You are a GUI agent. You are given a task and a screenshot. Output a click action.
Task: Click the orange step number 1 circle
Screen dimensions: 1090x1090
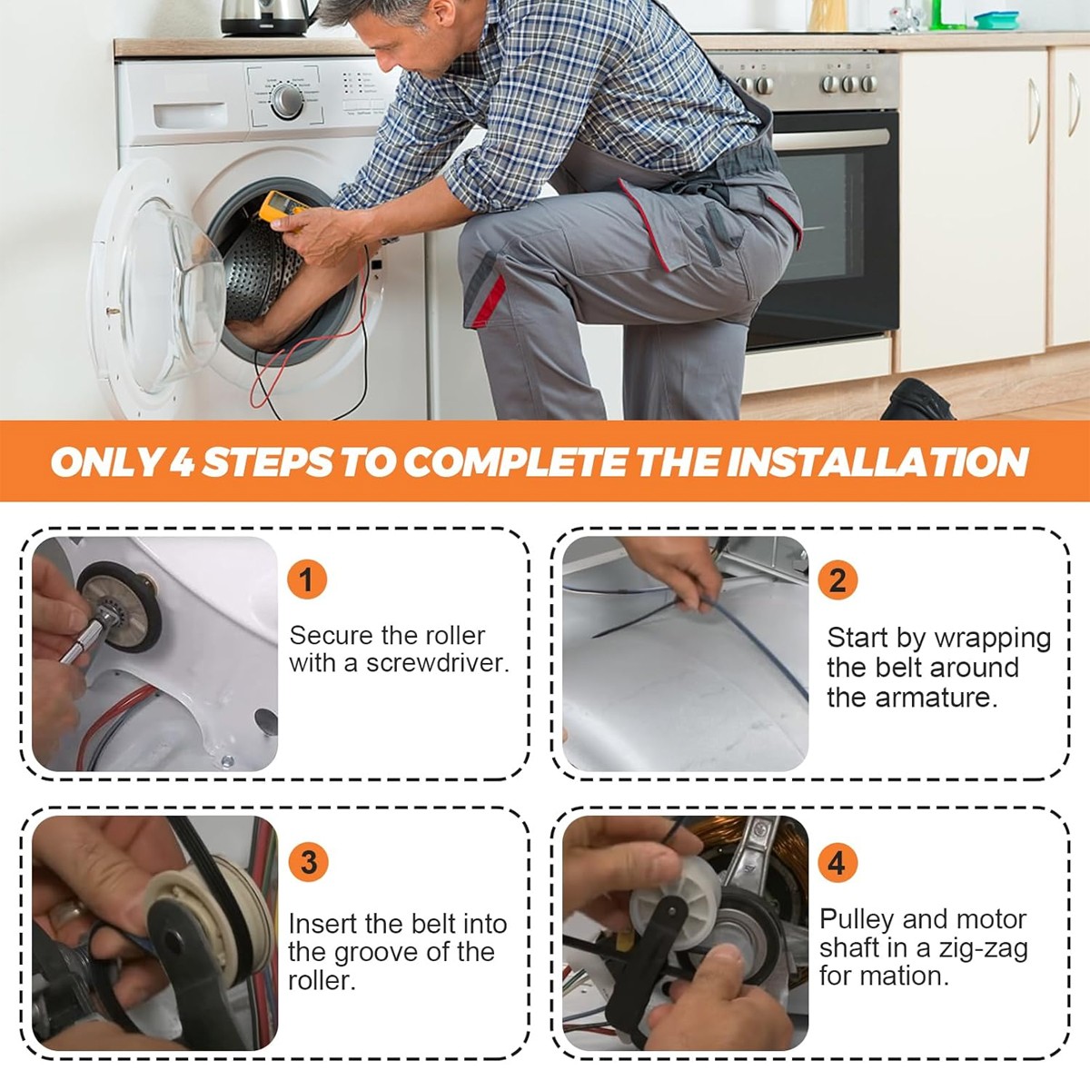(307, 580)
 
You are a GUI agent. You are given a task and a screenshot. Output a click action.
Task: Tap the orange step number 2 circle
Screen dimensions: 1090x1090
(837, 580)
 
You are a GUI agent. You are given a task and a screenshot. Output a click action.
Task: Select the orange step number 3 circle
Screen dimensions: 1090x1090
(308, 862)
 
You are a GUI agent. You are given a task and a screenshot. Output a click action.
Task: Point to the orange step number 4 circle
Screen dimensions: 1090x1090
(837, 863)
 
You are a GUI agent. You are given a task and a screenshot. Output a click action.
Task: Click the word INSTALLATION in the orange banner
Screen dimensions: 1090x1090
(877, 461)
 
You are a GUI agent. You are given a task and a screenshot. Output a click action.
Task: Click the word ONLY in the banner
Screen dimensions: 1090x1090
(105, 461)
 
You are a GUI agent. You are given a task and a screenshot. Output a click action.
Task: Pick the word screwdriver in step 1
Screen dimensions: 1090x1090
(438, 662)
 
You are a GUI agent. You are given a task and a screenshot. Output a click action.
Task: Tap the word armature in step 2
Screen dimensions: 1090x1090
(936, 698)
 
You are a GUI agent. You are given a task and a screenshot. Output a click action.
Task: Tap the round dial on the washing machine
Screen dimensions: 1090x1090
(287, 101)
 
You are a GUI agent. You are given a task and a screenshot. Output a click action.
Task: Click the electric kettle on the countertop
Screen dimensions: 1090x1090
(266, 17)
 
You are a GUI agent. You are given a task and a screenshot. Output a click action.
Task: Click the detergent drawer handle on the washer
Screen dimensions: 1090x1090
(190, 114)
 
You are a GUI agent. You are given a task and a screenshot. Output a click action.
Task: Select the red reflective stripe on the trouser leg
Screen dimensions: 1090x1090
(489, 301)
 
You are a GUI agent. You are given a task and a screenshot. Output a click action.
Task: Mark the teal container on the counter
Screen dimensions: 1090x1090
(996, 20)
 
